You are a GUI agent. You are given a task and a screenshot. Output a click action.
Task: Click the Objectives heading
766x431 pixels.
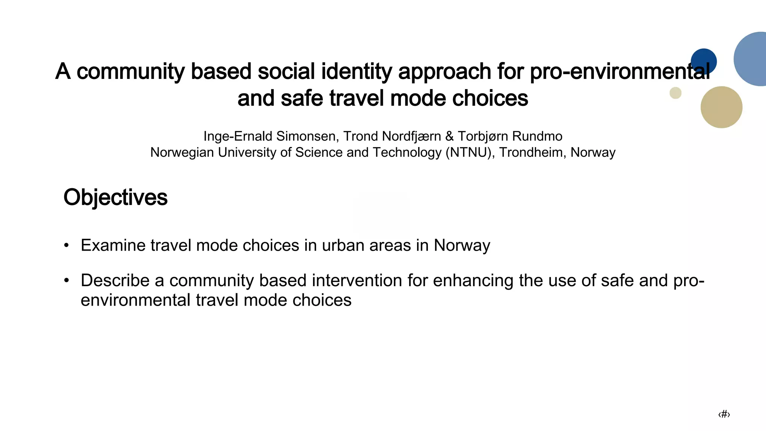click(115, 198)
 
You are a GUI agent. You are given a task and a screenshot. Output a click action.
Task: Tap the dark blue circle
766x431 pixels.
click(704, 60)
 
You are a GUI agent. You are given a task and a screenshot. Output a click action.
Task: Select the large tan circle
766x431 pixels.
click(721, 107)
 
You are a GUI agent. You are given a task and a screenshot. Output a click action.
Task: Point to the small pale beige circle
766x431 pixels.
click(675, 93)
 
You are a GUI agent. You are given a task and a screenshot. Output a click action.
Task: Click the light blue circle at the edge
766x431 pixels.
click(752, 59)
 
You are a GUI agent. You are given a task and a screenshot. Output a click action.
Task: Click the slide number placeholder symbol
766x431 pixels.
click(724, 414)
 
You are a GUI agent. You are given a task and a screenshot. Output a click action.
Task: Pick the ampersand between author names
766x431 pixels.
click(449, 136)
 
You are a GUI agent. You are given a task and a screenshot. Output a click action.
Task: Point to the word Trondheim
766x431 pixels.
click(532, 153)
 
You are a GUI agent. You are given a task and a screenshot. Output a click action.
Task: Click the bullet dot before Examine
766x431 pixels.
click(67, 246)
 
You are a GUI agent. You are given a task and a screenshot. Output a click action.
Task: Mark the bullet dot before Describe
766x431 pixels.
click(67, 281)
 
